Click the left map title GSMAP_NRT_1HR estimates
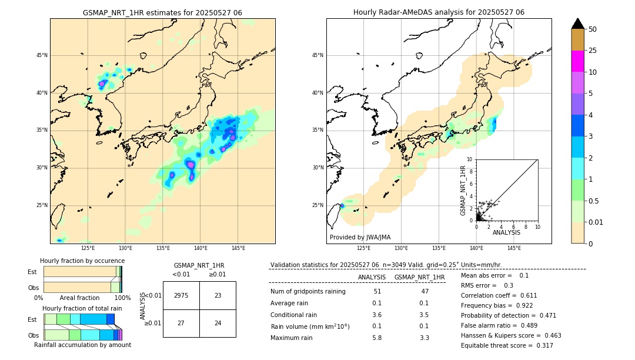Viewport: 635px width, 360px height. coord(162,12)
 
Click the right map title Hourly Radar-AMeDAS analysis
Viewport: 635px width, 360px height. coord(439,12)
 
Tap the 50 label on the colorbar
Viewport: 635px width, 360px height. coord(593,29)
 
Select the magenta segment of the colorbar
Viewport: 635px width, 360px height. coord(577,61)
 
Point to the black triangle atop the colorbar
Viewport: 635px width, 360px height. coord(577,24)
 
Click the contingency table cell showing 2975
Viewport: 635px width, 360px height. coord(181,295)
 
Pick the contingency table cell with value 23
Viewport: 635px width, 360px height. coord(218,295)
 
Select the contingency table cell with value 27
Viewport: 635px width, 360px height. coord(181,323)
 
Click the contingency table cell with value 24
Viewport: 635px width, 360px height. coord(218,323)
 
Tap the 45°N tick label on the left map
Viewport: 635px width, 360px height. coord(42,55)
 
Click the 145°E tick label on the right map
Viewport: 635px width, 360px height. coord(514,248)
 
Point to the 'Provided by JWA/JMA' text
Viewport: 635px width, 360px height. coord(360,238)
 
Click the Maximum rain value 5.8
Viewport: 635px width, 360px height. coord(377,338)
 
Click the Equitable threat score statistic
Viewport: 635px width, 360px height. coord(507,345)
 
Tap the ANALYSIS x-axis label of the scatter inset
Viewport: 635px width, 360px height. coord(506,233)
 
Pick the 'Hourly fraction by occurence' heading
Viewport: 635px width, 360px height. coord(82,261)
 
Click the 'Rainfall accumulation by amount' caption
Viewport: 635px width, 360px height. coord(82,345)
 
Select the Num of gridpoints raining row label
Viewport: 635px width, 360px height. coord(308,292)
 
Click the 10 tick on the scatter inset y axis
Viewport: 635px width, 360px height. coord(469,159)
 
